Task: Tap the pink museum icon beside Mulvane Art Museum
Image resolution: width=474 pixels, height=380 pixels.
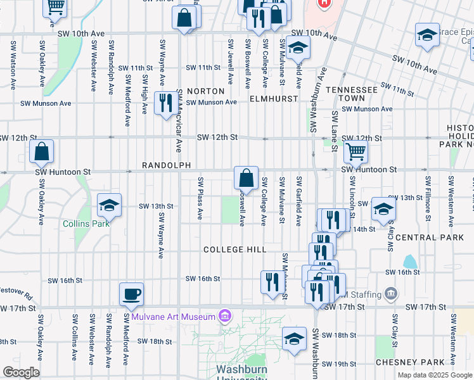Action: (x=224, y=315)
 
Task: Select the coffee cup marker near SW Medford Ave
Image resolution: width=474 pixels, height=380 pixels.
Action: (x=132, y=294)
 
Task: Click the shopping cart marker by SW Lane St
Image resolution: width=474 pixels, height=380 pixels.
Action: (x=355, y=151)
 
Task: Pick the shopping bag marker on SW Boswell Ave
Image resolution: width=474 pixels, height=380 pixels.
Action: (x=246, y=177)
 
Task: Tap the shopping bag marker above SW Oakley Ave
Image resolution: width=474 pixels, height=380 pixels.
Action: (x=41, y=152)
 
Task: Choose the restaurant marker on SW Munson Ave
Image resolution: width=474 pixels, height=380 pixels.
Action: (x=166, y=103)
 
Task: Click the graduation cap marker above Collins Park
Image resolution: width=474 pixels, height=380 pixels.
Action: (x=109, y=205)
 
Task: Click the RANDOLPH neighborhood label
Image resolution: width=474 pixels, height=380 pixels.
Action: (x=167, y=165)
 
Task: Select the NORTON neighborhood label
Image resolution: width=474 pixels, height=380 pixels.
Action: (x=205, y=91)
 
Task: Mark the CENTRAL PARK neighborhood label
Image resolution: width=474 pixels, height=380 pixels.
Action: (x=423, y=237)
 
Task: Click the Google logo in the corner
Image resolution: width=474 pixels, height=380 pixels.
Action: (x=21, y=372)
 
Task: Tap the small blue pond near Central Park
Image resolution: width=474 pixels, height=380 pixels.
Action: (x=411, y=262)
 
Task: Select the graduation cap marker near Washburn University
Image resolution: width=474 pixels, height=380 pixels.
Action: (x=294, y=339)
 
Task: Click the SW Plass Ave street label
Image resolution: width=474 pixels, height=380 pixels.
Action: (x=200, y=198)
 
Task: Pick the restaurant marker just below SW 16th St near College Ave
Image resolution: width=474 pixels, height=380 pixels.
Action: (x=271, y=282)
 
